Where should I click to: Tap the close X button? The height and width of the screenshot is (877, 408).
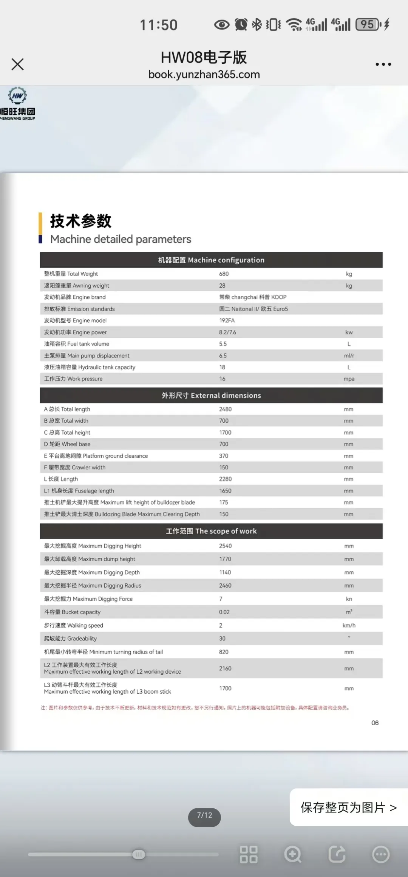pyautogui.click(x=18, y=64)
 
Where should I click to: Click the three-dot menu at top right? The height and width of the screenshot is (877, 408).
pyautogui.click(x=383, y=64)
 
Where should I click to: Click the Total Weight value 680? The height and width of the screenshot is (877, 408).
pyautogui.click(x=224, y=274)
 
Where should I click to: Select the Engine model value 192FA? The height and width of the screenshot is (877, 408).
pyautogui.click(x=227, y=320)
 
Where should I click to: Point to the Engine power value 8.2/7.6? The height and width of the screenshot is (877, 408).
pyautogui.click(x=227, y=332)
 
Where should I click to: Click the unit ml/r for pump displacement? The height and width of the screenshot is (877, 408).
pyautogui.click(x=349, y=355)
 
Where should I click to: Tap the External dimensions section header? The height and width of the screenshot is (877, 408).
pyautogui.click(x=211, y=395)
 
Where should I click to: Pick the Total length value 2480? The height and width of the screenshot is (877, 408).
pyautogui.click(x=225, y=409)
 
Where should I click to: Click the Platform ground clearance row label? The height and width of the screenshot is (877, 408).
pyautogui.click(x=96, y=456)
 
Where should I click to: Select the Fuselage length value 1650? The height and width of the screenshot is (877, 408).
pyautogui.click(x=225, y=491)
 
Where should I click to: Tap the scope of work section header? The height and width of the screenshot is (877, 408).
pyautogui.click(x=211, y=531)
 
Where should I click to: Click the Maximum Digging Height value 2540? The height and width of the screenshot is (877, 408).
pyautogui.click(x=225, y=546)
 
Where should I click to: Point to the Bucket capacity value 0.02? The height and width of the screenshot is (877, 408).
pyautogui.click(x=224, y=612)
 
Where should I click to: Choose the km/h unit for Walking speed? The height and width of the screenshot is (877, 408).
pyautogui.click(x=349, y=625)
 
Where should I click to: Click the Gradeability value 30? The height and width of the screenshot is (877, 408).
pyautogui.click(x=222, y=639)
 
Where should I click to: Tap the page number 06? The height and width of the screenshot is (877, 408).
pyautogui.click(x=375, y=723)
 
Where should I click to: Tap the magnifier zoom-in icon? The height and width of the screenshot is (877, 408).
pyautogui.click(x=293, y=854)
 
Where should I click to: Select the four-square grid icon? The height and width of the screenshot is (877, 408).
pyautogui.click(x=249, y=854)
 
